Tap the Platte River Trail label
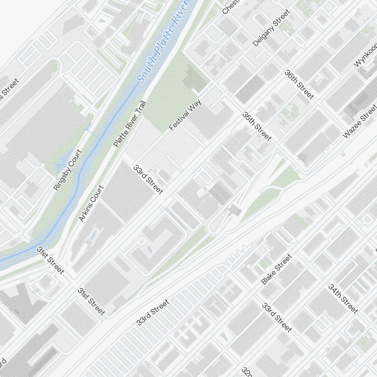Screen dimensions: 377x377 (x=129, y=124)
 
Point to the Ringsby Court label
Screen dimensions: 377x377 (x=68, y=170)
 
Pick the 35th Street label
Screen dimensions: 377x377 (x=257, y=126)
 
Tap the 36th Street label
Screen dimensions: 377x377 (x=299, y=84)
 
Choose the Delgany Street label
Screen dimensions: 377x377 (x=271, y=28)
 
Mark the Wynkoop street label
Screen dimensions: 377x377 (x=365, y=55)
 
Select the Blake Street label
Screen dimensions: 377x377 (x=276, y=269)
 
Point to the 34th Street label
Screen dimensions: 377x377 (x=343, y=299)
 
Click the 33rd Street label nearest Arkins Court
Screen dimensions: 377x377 (x=149, y=179)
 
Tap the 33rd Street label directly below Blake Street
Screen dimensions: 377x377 (x=277, y=317)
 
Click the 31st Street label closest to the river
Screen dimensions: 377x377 (x=51, y=260)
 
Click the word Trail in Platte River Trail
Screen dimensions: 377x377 (x=139, y=108)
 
